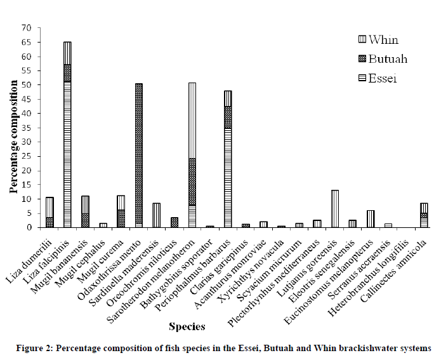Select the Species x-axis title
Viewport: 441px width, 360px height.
coord(187,327)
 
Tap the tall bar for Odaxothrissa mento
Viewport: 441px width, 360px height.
coord(139,156)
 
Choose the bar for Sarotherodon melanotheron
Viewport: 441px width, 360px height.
coord(192,155)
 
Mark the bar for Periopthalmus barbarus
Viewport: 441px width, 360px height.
coord(228,159)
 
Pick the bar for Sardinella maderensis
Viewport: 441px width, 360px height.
coord(157,215)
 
